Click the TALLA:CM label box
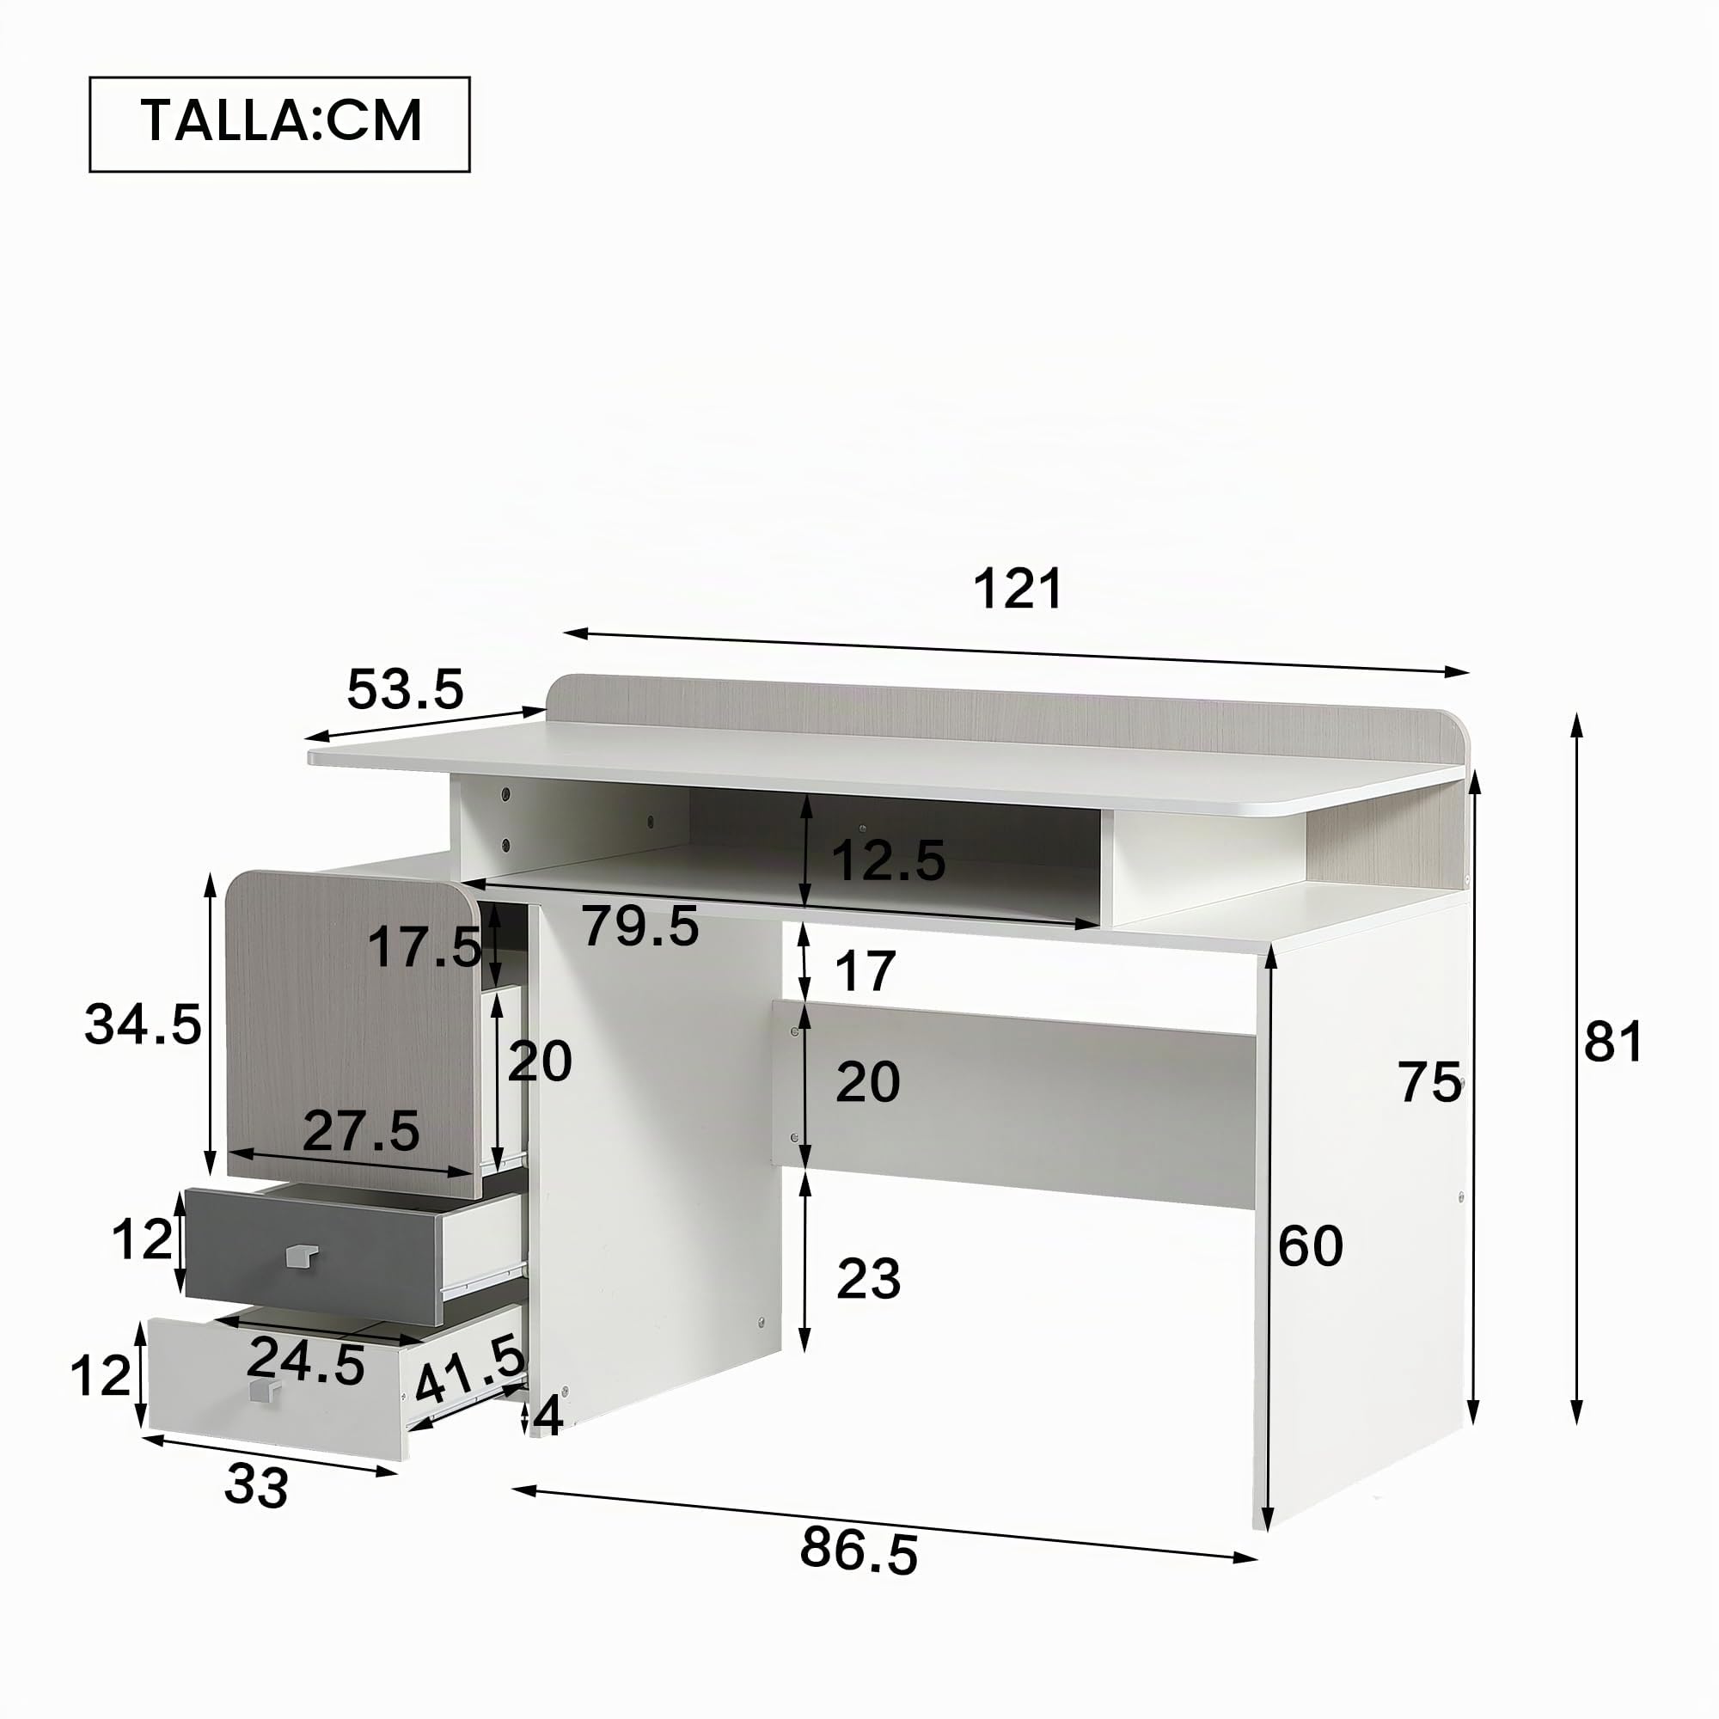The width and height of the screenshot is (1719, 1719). point(279,124)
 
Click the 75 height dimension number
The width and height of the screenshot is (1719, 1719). point(1430,1082)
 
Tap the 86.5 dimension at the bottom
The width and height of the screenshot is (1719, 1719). point(859,1549)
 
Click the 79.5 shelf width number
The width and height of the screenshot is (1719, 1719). point(640,926)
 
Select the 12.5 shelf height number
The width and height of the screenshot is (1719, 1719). point(888,860)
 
